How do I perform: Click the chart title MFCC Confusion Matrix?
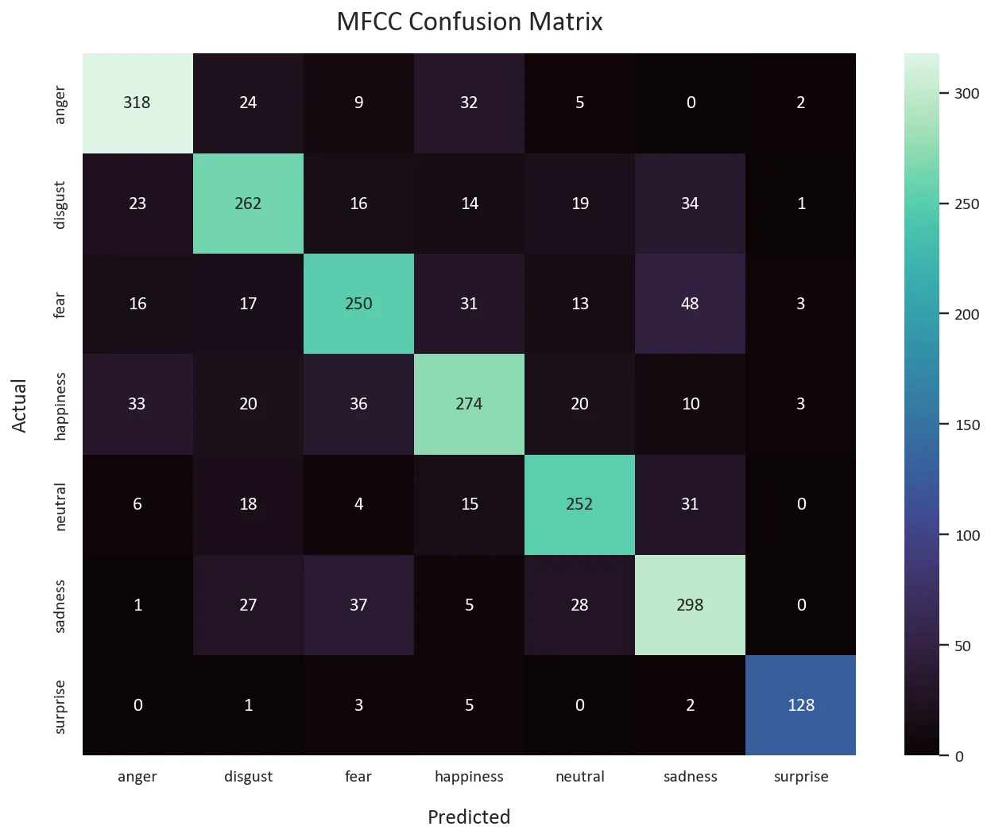click(x=470, y=21)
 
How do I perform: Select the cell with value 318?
click(x=137, y=103)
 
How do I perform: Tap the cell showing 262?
click(x=248, y=204)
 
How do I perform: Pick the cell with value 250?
click(x=358, y=304)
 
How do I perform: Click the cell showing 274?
click(x=469, y=404)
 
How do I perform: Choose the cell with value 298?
click(x=690, y=605)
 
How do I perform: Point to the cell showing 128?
click(x=800, y=705)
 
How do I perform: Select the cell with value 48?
click(x=690, y=304)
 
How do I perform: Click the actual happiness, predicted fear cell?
click(x=358, y=404)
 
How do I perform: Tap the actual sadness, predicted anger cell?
click(x=137, y=605)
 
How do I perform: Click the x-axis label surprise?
click(x=800, y=777)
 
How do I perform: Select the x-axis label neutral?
click(x=579, y=777)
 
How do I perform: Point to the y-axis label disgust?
click(x=60, y=204)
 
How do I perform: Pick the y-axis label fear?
click(x=60, y=304)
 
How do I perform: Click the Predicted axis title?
click(x=469, y=817)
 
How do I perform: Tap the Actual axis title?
click(x=20, y=405)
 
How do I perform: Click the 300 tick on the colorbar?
click(x=966, y=94)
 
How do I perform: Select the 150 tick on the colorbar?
click(x=966, y=425)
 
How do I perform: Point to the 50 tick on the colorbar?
click(x=962, y=646)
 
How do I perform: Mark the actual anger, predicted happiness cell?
click(x=469, y=103)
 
